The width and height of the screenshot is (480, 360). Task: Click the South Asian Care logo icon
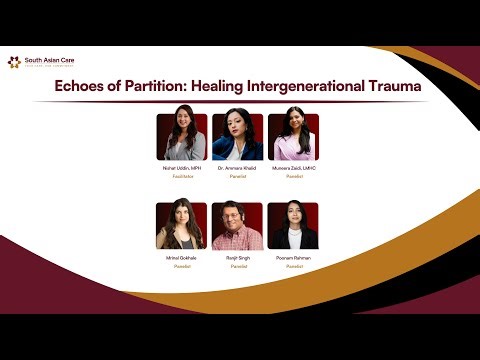pos(14,62)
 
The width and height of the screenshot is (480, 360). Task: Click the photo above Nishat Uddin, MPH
pos(181,137)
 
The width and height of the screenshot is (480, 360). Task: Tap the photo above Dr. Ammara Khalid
pos(237,137)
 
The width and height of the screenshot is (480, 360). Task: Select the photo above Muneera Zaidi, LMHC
pos(294,137)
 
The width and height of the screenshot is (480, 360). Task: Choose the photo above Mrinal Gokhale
pos(181,226)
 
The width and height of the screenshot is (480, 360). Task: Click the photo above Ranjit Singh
pos(237,226)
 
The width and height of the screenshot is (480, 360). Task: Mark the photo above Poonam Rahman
pos(294,226)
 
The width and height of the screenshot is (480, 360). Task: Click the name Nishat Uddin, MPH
pos(181,168)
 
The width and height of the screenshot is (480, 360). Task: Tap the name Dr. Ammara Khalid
pos(237,168)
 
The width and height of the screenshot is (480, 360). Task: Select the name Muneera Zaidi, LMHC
pos(294,168)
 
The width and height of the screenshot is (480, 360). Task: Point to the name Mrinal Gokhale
pos(181,258)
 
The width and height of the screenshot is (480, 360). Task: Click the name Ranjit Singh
pos(237,258)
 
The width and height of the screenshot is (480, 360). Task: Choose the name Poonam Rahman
pos(294,258)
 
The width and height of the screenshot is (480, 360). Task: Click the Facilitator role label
pos(181,176)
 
